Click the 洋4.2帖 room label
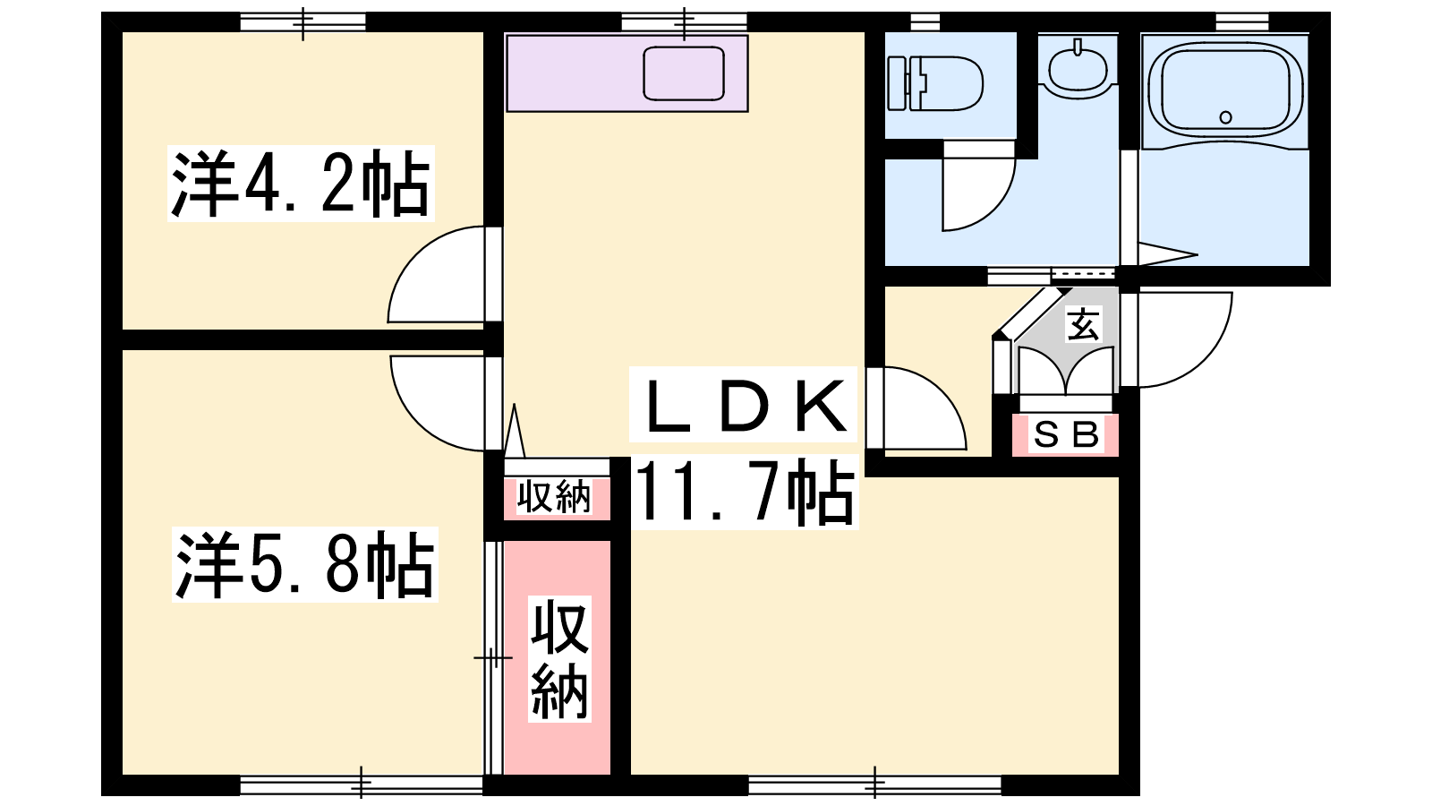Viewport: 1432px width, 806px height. (301, 184)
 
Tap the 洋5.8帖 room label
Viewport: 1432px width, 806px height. (305, 564)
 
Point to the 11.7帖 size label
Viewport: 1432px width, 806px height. (746, 493)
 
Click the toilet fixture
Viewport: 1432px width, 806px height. (935, 84)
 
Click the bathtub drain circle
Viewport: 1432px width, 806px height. (1225, 117)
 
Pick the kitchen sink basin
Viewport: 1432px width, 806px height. (684, 73)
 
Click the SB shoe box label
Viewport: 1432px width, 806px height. (1066, 435)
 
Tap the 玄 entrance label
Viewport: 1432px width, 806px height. (1084, 324)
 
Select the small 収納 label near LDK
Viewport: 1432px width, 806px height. (554, 496)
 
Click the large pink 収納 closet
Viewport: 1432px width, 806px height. (558, 657)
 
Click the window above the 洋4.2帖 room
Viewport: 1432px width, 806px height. (303, 22)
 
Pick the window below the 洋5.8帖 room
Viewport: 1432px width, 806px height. (362, 785)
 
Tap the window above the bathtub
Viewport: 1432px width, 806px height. (1241, 22)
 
